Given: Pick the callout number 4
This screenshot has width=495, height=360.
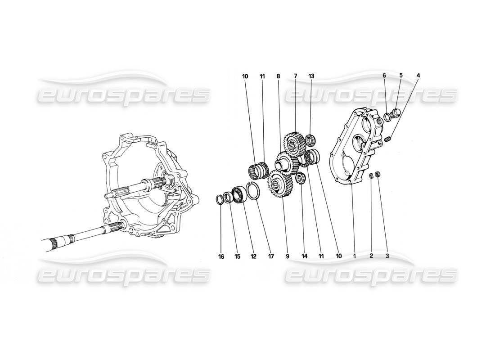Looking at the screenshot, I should [418, 76].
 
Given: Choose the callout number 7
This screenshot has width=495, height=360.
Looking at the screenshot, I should [296, 76].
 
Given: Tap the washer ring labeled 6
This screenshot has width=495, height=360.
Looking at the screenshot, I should [386, 118].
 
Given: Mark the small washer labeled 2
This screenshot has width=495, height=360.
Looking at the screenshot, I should [371, 175].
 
